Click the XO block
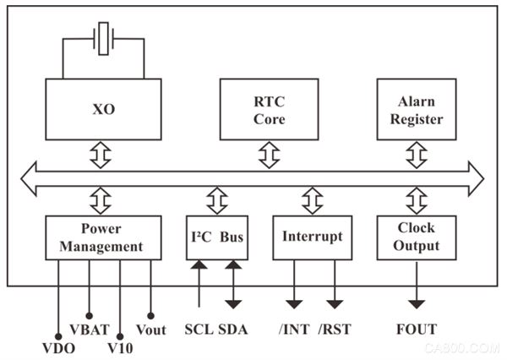[103, 109]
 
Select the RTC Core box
[269, 109]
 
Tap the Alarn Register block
[417, 109]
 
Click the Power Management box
[103, 237]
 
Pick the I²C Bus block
[217, 237]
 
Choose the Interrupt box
[313, 237]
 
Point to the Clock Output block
[417, 237]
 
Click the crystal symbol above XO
[103, 39]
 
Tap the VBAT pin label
[90, 330]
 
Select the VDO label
[58, 348]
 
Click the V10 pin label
[120, 348]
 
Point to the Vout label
[151, 330]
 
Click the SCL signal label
[199, 330]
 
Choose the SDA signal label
[233, 330]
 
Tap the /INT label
[294, 330]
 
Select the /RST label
[335, 330]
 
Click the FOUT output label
[417, 330]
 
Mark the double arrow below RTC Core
[269, 155]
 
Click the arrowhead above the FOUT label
[417, 304]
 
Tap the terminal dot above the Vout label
[150, 316]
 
